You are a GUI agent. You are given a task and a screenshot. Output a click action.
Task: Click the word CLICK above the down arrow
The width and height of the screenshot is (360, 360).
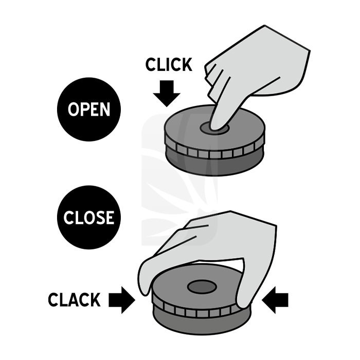coord(169,65)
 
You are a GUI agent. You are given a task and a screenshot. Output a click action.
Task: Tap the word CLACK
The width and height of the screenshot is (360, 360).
coord(74,300)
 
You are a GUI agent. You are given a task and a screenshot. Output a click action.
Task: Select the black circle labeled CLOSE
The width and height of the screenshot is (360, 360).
coord(88,218)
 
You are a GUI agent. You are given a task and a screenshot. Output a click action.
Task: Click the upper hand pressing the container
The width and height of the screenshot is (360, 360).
coord(257,67)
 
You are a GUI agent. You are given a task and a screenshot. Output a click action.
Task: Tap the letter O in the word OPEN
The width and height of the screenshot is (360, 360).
coord(74,110)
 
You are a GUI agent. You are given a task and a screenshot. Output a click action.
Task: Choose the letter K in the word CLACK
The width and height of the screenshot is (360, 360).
coord(96,300)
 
